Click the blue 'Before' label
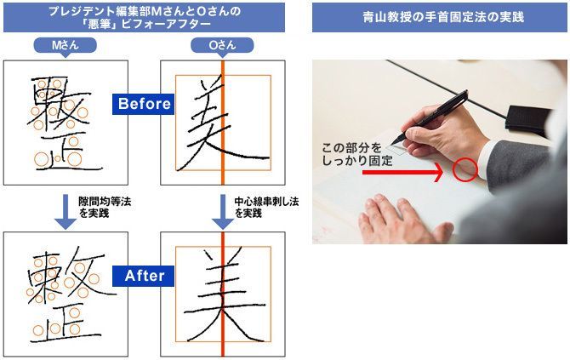coord(143,104)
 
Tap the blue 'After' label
coord(143,276)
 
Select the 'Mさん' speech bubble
coord(65,46)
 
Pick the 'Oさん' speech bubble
coord(222,46)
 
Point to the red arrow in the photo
coord(402,172)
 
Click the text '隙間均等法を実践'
coord(105,208)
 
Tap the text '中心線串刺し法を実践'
coord(266,208)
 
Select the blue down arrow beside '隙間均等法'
coord(66,212)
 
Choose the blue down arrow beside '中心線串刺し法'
coord(223,212)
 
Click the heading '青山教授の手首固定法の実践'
coord(443,17)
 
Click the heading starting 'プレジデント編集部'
coord(145,18)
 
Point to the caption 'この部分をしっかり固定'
coord(357,154)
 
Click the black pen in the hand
coord(431,117)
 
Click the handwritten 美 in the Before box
coord(223,123)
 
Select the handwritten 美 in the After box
coord(223,294)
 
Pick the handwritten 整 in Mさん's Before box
coord(65,123)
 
